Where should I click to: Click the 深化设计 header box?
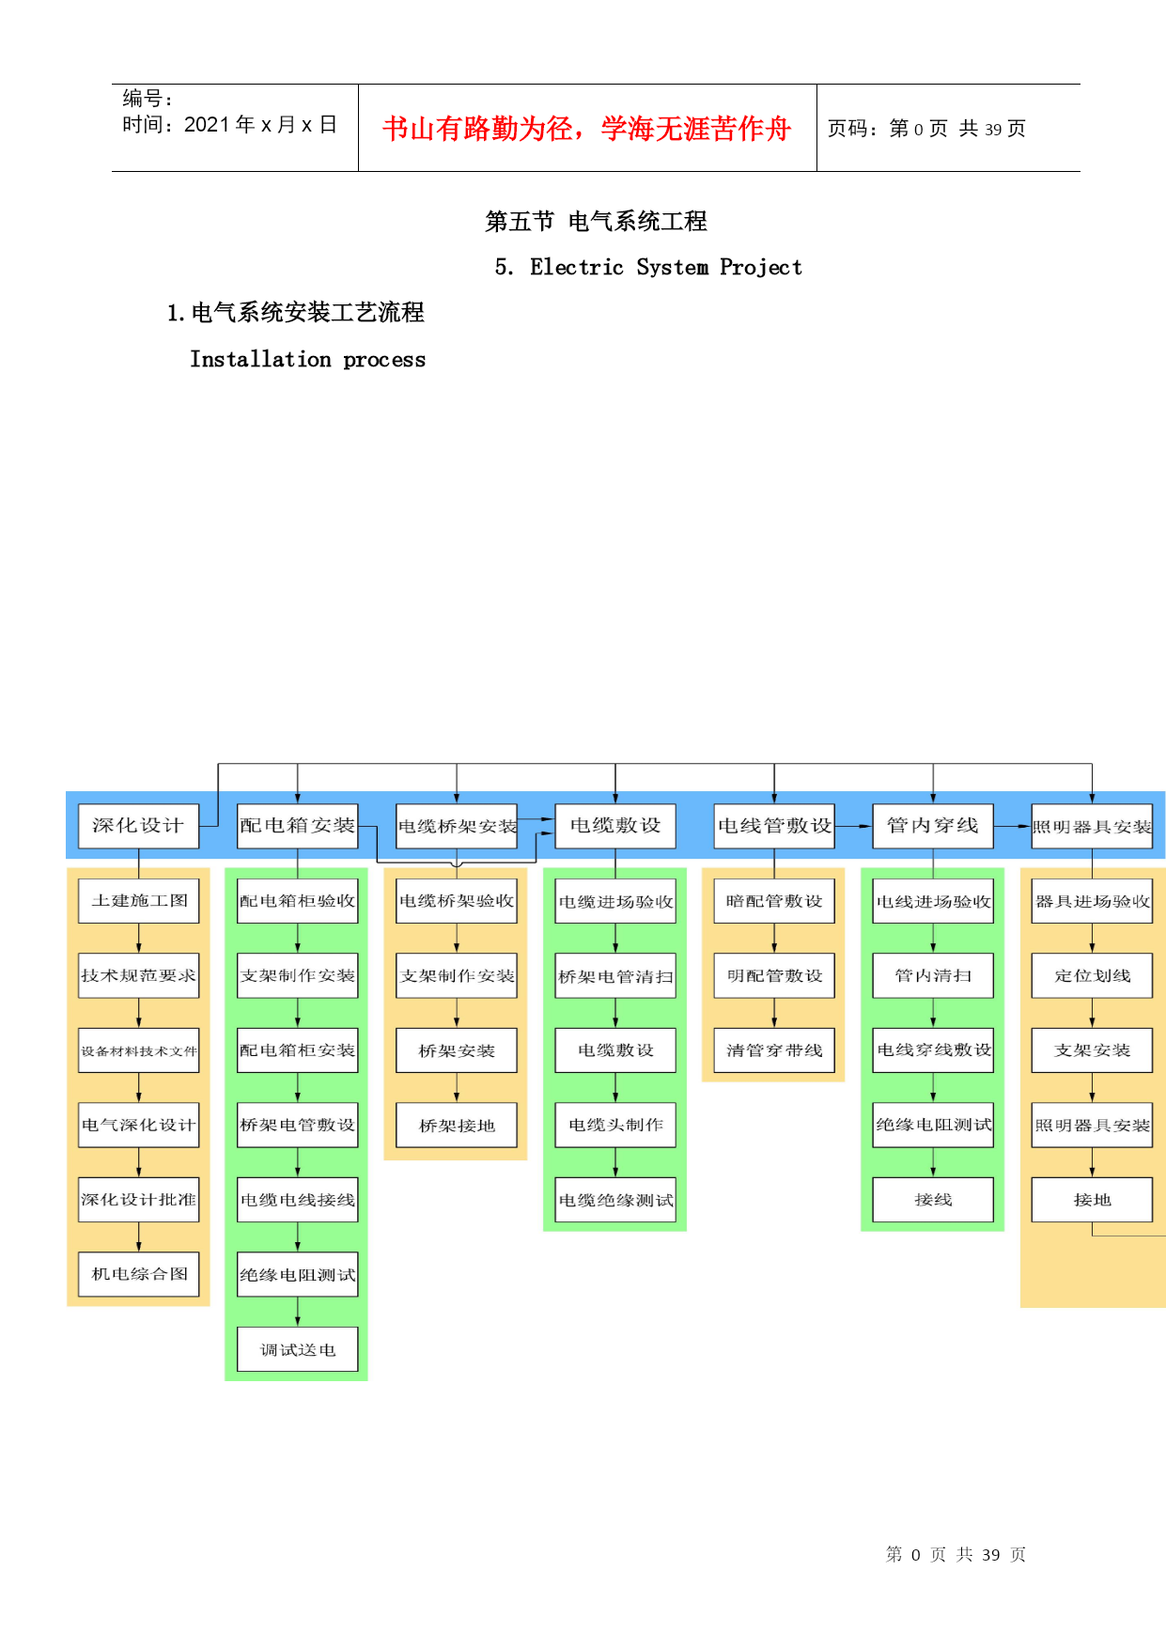coord(138,826)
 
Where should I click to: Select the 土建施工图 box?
coord(138,901)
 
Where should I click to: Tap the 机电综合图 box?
coord(138,1274)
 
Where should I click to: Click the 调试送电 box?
coord(298,1349)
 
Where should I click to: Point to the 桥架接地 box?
coord(457,1126)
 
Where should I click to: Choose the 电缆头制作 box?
coord(615,1126)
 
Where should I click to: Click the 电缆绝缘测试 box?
coord(615,1200)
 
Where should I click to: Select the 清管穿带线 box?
coord(774,1050)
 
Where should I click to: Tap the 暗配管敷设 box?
coord(774,901)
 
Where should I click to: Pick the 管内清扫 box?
coord(933,976)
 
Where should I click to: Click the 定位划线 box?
coord(1092,976)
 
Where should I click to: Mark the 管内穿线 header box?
coord(933,826)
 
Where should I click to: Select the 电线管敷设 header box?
coord(774,826)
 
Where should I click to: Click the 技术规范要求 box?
coord(138,976)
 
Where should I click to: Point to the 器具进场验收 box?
coord(1092,901)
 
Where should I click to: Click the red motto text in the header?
coord(587,129)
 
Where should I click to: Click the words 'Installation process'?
coord(307,360)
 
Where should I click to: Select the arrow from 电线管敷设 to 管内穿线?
coord(853,826)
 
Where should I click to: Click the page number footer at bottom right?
coord(956,1555)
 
